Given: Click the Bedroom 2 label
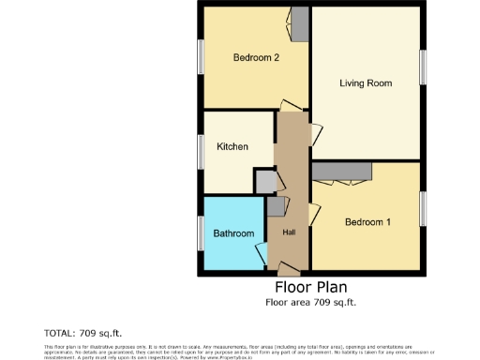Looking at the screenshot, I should [x=256, y=57].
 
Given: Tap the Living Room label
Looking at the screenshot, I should [x=365, y=83].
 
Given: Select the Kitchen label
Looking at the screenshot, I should [x=232, y=147].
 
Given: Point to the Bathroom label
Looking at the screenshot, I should [x=232, y=233].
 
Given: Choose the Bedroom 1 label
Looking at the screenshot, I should [x=367, y=222].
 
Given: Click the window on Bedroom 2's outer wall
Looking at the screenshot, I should [x=201, y=56].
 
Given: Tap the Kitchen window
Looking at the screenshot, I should [x=201, y=151].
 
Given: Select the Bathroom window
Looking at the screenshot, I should [x=201, y=232].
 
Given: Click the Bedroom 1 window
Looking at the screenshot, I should [x=423, y=207].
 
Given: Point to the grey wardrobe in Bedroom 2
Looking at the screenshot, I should [x=300, y=24].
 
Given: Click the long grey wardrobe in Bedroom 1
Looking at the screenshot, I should [x=342, y=170].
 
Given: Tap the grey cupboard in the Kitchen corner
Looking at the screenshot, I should [x=265, y=181].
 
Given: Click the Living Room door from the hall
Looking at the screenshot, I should [x=316, y=137].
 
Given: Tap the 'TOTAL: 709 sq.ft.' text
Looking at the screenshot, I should [x=83, y=333].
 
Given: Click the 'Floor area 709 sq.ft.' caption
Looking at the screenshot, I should [x=310, y=303].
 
